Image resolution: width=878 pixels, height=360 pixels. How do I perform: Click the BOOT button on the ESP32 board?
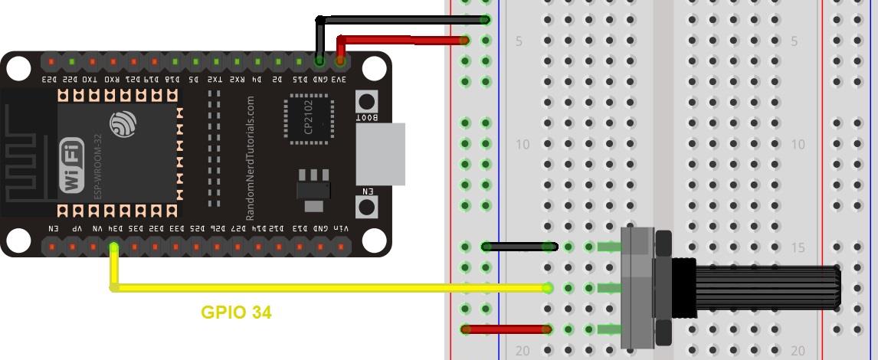tap(367, 101)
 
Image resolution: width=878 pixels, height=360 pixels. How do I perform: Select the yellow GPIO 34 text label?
tap(236, 313)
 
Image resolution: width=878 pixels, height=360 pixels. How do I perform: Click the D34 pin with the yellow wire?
tap(113, 247)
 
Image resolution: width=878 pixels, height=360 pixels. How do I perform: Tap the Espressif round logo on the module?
tap(123, 123)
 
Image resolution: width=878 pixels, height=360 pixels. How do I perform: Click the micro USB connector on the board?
tap(380, 154)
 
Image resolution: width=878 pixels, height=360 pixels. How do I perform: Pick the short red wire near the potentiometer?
tap(507, 329)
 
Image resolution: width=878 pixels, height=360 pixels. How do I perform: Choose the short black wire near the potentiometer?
tap(519, 247)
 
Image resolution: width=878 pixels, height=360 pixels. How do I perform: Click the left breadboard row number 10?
tap(523, 144)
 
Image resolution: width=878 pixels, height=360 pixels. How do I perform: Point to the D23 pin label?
tap(50, 78)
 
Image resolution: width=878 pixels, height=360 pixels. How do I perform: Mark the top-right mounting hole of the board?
tap(373, 69)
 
